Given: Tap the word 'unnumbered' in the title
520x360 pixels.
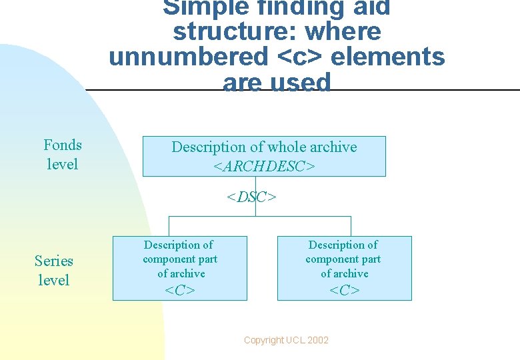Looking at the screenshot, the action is (188, 57).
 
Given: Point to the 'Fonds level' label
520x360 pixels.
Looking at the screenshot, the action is (63, 154).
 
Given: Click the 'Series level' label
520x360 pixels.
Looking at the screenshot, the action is (54, 270).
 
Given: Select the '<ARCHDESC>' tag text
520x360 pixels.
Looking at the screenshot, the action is (264, 166).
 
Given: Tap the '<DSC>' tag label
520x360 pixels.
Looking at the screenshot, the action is (251, 197).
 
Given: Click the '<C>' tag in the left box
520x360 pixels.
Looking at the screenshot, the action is (180, 290).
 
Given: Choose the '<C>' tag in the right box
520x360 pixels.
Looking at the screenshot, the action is (345, 290).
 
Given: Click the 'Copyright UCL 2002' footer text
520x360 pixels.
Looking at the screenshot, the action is (286, 340).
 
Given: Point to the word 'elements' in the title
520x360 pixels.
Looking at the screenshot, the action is (388, 57).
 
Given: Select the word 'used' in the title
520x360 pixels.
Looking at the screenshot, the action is (303, 83).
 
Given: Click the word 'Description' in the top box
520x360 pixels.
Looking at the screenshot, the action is (209, 147).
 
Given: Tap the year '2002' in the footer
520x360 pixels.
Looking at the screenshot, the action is (317, 340).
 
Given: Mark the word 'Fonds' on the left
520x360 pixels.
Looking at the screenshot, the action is (63, 145).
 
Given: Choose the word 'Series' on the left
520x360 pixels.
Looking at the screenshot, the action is (54, 261).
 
